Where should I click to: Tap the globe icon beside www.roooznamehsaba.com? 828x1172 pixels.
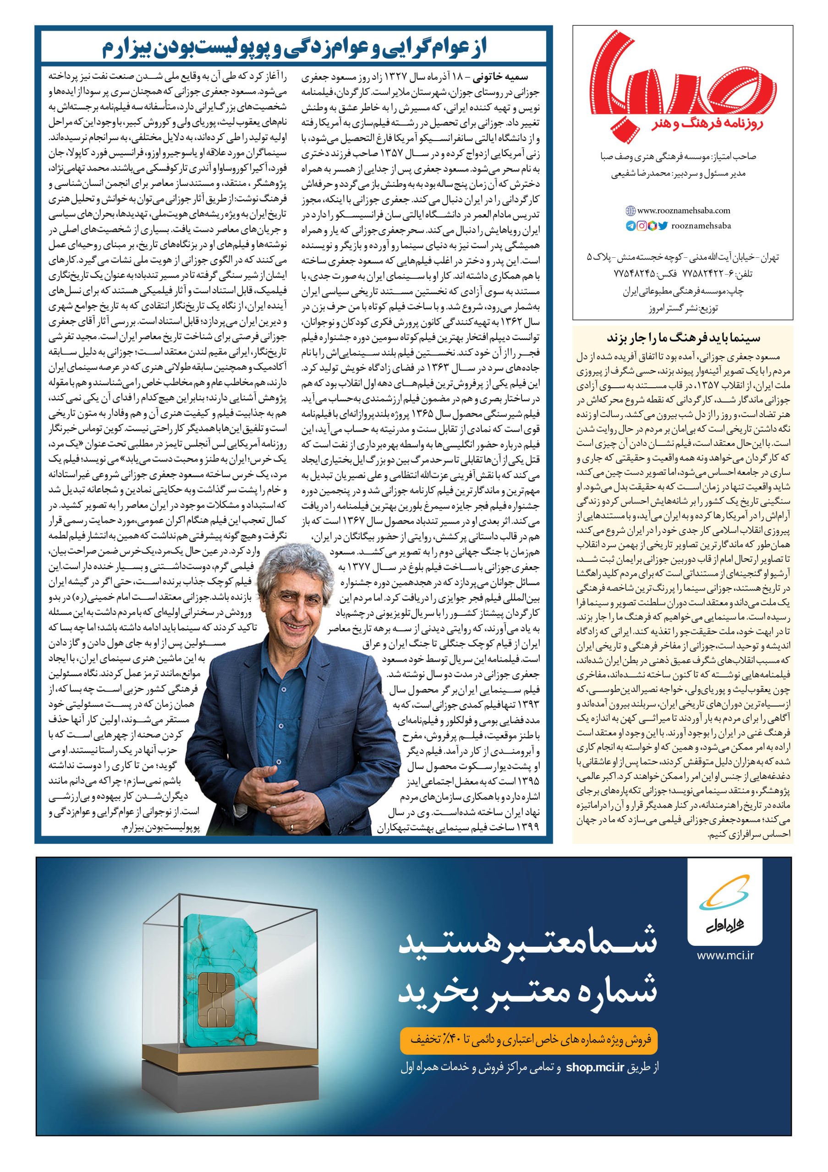[x=631, y=210]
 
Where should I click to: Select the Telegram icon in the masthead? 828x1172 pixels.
[x=631, y=225]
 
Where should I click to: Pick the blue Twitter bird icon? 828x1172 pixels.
[x=663, y=225]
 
